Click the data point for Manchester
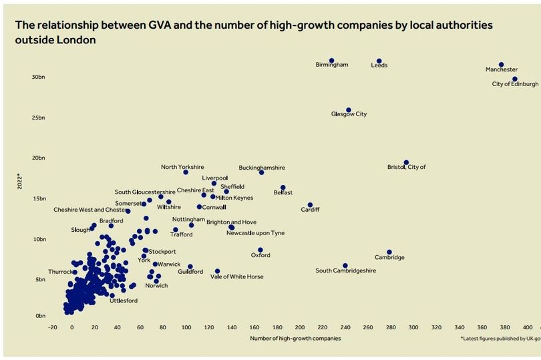pyautogui.click(x=501, y=65)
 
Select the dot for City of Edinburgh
pyautogui.click(x=514, y=79)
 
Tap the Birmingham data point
pyautogui.click(x=331, y=61)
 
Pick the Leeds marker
pyautogui.click(x=379, y=61)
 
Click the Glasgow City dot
pyautogui.click(x=349, y=110)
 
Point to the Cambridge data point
pyautogui.click(x=389, y=252)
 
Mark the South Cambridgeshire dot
pyautogui.click(x=345, y=266)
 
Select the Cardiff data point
pyautogui.click(x=310, y=205)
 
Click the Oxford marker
pyautogui.click(x=260, y=250)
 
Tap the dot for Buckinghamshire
pyautogui.click(x=261, y=172)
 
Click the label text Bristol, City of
pyautogui.click(x=406, y=167)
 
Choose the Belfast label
pyautogui.click(x=283, y=192)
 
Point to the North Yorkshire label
pyautogui.click(x=182, y=167)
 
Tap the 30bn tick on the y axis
pyautogui.click(x=37, y=77)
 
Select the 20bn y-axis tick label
pyautogui.click(x=37, y=158)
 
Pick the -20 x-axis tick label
pyautogui.click(x=53, y=327)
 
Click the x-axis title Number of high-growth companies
pyautogui.click(x=295, y=339)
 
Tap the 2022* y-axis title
pyautogui.click(x=20, y=181)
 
